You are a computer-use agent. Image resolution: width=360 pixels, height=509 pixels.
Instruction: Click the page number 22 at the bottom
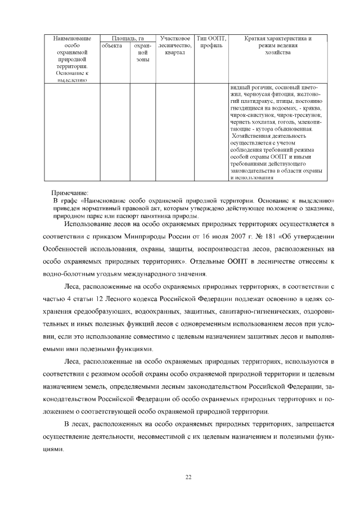189,477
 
